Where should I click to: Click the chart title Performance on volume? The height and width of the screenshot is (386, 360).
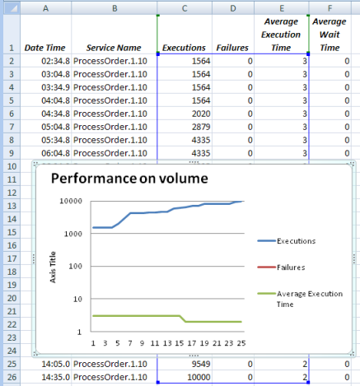tap(129, 179)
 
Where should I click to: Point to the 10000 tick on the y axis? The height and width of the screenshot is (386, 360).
tap(71, 201)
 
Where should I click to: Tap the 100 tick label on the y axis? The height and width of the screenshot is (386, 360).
tap(75, 266)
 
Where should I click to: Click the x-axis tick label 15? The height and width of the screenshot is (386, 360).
tap(180, 343)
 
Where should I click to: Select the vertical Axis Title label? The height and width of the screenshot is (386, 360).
tap(53, 267)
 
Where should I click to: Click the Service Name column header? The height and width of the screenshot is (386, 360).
tap(114, 48)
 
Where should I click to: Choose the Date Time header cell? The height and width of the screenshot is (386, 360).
tap(45, 48)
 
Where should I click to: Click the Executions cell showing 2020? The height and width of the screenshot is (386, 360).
tap(201, 114)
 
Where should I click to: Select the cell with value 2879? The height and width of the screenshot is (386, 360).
tap(201, 127)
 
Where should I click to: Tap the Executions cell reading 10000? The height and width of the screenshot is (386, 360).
tap(199, 377)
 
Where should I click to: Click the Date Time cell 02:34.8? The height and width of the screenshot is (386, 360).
tap(56, 61)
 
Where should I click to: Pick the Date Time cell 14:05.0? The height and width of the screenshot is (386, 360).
tap(56, 364)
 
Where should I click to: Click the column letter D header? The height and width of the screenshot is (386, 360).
tap(233, 8)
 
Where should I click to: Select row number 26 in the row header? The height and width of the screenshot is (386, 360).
tap(12, 377)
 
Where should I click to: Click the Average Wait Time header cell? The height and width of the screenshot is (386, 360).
tap(330, 35)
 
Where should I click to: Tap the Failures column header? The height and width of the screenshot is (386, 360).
tap(232, 48)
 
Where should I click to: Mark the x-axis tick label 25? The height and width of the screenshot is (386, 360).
tap(241, 343)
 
